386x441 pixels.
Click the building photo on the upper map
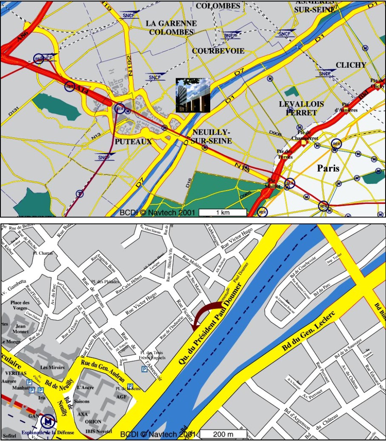(x=193, y=95)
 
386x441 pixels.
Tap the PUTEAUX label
(x=133, y=141)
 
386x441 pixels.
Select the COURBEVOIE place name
(x=218, y=51)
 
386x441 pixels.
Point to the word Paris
(x=328, y=168)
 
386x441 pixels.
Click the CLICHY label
(x=351, y=65)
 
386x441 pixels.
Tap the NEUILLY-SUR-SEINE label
(x=212, y=136)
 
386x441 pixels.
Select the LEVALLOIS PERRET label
(x=301, y=108)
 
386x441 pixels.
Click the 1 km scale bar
(x=223, y=212)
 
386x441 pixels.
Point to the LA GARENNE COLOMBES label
(x=171, y=28)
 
